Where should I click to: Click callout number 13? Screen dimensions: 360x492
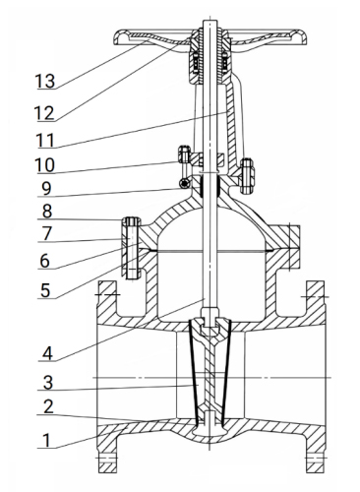pyautogui.click(x=45, y=81)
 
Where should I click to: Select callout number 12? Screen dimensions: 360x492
pyautogui.click(x=44, y=113)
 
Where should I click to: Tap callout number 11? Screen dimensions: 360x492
pyautogui.click(x=45, y=141)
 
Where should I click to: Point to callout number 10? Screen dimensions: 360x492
pyautogui.click(x=45, y=165)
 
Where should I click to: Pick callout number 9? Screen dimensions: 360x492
pyautogui.click(x=47, y=189)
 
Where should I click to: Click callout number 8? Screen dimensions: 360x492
pyautogui.click(x=47, y=212)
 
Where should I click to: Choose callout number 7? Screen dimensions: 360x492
pyautogui.click(x=47, y=233)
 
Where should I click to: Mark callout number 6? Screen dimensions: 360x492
pyautogui.click(x=45, y=261)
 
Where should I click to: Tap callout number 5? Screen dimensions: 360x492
pyautogui.click(x=45, y=290)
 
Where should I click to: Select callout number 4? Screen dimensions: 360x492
pyautogui.click(x=47, y=353)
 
